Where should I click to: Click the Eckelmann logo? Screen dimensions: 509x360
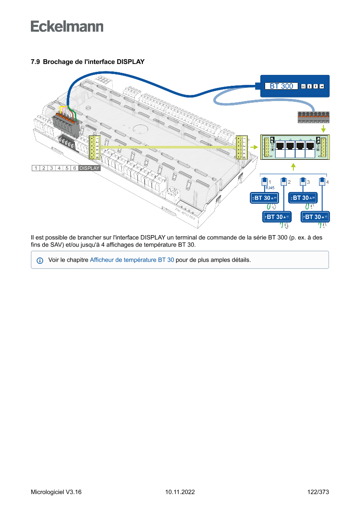(x=67, y=26)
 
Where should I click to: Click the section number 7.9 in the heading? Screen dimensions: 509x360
(x=35, y=62)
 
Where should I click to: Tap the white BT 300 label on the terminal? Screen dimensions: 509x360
(x=281, y=86)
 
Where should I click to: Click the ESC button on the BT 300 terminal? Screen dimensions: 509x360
(x=303, y=86)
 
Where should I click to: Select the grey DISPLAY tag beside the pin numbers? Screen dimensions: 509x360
(x=89, y=168)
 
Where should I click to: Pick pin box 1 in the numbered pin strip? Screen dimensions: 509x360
(x=36, y=168)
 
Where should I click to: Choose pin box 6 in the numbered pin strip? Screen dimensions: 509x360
(x=75, y=168)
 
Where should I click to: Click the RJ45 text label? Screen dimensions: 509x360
(x=269, y=188)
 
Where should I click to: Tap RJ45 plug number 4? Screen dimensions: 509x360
(x=322, y=182)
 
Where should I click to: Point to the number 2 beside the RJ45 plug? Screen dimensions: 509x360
(x=289, y=182)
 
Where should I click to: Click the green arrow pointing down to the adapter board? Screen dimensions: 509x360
(x=323, y=129)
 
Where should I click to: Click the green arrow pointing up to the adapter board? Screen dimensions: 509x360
(x=294, y=166)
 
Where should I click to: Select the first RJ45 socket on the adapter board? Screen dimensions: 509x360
(x=280, y=146)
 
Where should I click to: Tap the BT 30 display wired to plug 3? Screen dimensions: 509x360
(x=303, y=198)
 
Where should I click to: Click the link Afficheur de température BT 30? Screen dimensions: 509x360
(x=132, y=260)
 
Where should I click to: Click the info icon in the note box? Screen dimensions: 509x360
(x=40, y=260)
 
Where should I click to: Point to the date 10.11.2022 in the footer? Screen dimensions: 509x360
(x=180, y=492)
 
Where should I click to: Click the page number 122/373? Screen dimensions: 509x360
(x=318, y=492)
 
